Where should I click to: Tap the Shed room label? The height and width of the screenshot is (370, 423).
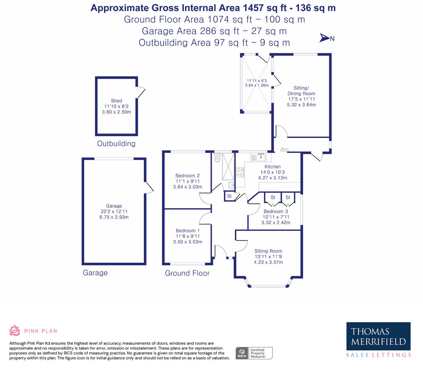116,101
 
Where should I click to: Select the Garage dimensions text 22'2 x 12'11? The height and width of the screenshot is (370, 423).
114,211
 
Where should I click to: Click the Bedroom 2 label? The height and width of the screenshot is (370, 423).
188,175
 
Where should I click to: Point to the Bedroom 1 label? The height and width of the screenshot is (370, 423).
188,231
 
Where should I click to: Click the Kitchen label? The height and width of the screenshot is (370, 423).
272,167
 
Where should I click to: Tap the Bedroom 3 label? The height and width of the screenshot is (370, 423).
276,211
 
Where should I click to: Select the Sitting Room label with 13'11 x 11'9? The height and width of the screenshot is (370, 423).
268,251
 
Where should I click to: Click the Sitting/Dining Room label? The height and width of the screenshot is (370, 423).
301,91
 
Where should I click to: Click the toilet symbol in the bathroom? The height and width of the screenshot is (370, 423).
217,158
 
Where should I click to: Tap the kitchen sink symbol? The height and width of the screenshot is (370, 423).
261,156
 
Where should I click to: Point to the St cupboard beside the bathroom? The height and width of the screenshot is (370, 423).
229,196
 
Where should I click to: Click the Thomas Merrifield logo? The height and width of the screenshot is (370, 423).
378,336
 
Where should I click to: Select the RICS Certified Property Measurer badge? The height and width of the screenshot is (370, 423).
254,353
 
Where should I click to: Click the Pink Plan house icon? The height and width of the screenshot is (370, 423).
14,331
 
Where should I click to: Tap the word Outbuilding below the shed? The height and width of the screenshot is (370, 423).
116,144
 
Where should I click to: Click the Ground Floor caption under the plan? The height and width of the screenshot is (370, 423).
187,273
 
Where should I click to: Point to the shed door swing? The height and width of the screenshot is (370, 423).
141,92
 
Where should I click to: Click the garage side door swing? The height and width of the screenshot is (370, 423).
149,188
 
